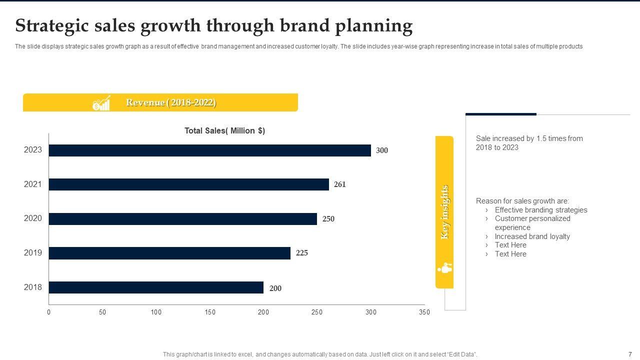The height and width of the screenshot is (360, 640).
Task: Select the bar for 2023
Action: (x=210, y=150)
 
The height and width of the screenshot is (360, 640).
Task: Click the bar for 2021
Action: (x=189, y=184)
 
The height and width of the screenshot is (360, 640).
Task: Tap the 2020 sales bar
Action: (x=183, y=219)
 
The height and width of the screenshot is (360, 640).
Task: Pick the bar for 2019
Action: (x=169, y=253)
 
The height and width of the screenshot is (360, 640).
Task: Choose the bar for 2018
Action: (x=156, y=287)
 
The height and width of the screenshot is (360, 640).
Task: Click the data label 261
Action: (x=340, y=184)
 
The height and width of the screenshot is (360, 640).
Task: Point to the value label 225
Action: (x=302, y=253)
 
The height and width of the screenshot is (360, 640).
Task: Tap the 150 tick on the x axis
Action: (x=210, y=312)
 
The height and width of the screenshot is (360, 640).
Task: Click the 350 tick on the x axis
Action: (x=424, y=312)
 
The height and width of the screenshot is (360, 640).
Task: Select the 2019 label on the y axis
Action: (x=33, y=253)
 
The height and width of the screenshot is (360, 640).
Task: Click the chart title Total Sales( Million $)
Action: (x=224, y=130)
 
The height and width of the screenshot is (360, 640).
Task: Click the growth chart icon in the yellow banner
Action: (x=101, y=103)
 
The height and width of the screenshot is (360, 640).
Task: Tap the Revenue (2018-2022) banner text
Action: (x=171, y=102)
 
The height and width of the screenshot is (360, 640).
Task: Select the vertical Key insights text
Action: (x=444, y=212)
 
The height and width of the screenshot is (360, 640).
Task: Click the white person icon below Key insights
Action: (x=444, y=268)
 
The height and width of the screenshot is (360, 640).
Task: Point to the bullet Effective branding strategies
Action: (x=541, y=210)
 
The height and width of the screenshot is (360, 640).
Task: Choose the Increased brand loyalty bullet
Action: (x=532, y=236)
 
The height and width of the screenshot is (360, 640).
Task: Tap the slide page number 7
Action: (x=630, y=354)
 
